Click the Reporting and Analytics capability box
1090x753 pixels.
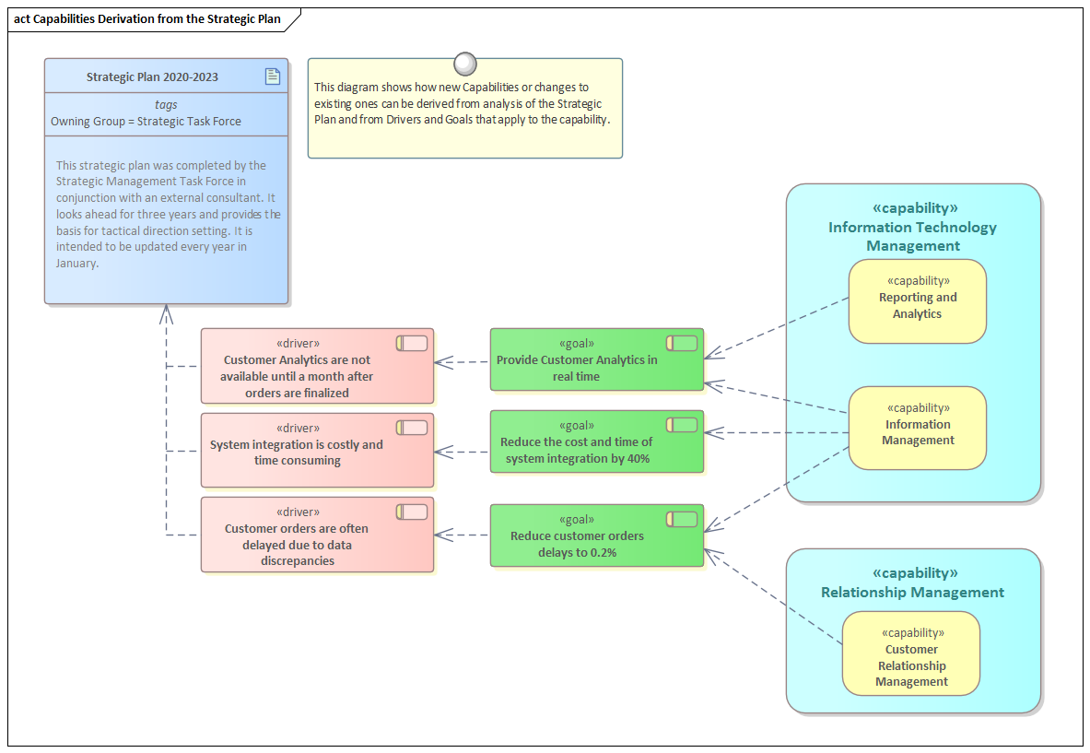click(917, 301)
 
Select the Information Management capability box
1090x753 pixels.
click(917, 429)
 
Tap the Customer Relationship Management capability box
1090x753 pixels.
click(910, 653)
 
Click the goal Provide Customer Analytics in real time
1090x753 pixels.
click(596, 359)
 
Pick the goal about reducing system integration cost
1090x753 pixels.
click(596, 441)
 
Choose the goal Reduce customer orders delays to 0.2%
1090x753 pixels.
click(596, 535)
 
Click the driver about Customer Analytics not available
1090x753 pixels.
click(317, 366)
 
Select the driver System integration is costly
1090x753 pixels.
click(317, 450)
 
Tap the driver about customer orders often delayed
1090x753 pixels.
click(317, 535)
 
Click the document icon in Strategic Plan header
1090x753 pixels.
click(273, 76)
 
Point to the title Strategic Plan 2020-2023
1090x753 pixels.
click(152, 77)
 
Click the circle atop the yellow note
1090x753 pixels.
click(465, 64)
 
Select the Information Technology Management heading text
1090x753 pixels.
click(912, 236)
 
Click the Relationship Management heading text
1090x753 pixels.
click(912, 593)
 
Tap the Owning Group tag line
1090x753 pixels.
click(146, 121)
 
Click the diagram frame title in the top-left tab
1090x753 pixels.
click(147, 18)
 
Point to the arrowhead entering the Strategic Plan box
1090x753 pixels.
click(166, 313)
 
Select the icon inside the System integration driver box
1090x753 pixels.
click(412, 428)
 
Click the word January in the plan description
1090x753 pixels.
click(76, 264)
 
